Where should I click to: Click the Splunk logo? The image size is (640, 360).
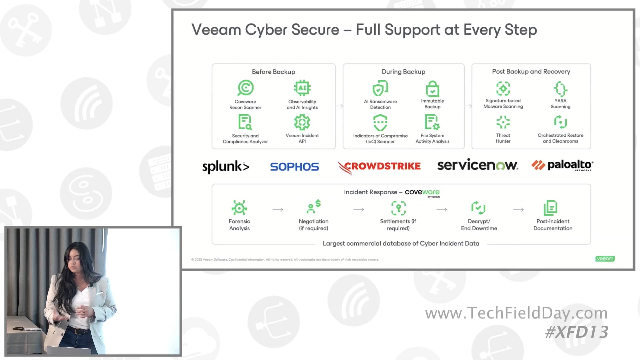226,166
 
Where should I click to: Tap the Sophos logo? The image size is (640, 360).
294,166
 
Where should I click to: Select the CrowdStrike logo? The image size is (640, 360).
379,166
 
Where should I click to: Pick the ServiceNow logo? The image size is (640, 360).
477,165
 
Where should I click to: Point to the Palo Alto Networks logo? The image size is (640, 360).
562,165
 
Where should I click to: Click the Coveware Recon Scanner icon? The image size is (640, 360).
245,88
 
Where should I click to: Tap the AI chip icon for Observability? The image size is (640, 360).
302,88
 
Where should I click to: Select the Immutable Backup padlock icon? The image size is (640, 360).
432,89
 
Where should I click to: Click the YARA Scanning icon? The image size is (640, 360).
560,89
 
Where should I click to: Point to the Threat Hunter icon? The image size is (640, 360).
503,122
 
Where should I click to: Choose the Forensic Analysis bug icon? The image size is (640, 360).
239,208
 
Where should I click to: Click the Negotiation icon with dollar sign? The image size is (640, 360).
313,207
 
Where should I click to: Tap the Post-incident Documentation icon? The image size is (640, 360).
550,208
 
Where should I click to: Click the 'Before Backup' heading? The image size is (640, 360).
273,72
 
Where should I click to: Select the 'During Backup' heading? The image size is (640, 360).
403,72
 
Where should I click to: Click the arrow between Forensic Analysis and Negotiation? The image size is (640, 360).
278,210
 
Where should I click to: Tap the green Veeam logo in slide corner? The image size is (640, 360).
605,259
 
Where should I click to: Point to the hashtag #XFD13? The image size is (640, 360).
576,332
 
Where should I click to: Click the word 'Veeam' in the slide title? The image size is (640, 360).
216,30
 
